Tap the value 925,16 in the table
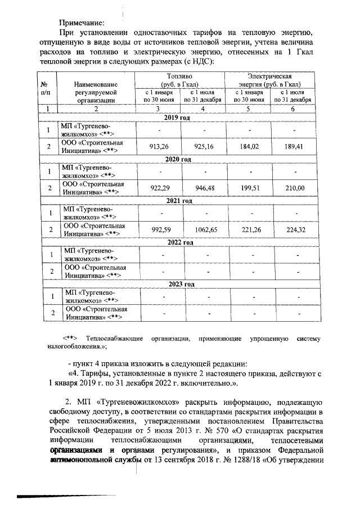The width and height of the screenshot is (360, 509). [x=204, y=146]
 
